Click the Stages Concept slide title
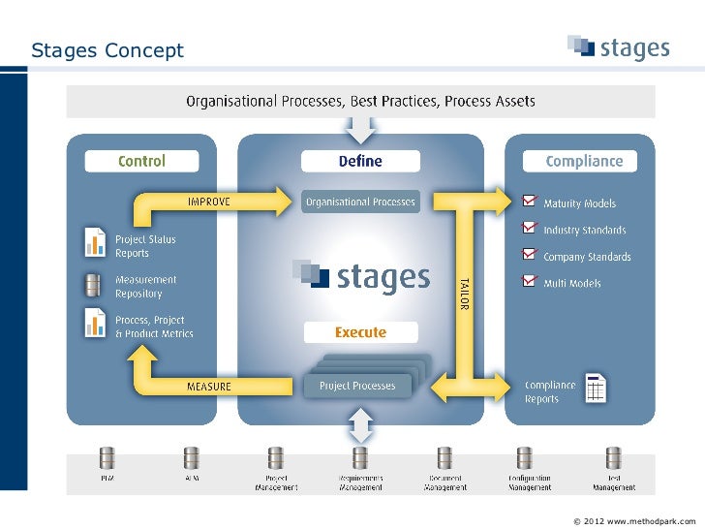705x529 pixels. pyautogui.click(x=107, y=50)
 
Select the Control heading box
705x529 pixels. pyautogui.click(x=141, y=161)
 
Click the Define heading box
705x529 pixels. pyautogui.click(x=360, y=161)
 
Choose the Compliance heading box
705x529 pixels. pyautogui.click(x=584, y=161)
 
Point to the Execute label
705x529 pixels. pyautogui.click(x=360, y=332)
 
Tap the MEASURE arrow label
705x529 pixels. pyautogui.click(x=208, y=387)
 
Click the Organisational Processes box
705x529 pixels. pyautogui.click(x=360, y=202)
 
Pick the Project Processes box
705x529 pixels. pyautogui.click(x=357, y=386)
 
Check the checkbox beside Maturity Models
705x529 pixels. pyautogui.click(x=529, y=202)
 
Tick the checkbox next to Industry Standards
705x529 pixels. pyautogui.click(x=529, y=229)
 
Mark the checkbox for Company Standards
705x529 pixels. pyautogui.click(x=529, y=255)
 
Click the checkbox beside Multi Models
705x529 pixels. pyautogui.click(x=529, y=282)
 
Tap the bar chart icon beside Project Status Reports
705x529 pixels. pyautogui.click(x=94, y=242)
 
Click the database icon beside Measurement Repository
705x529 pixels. pyautogui.click(x=93, y=285)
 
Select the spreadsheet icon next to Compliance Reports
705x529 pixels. pyautogui.click(x=596, y=389)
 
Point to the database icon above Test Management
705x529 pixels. pyautogui.click(x=613, y=456)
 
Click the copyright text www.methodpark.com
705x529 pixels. pyautogui.click(x=634, y=521)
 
